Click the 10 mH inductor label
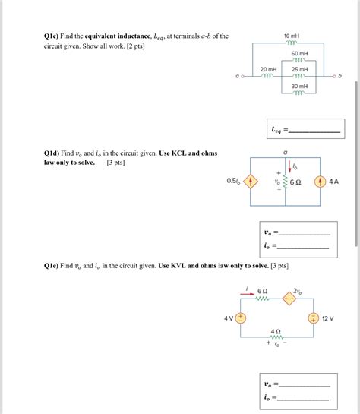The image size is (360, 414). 292,36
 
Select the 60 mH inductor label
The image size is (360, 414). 299,54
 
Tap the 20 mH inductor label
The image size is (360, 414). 267,69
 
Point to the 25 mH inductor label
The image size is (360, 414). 299,69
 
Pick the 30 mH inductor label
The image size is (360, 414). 299,86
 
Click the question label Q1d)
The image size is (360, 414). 54,153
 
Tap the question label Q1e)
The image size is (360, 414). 54,266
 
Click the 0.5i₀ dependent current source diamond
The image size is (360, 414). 253,182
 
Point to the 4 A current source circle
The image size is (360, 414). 320,182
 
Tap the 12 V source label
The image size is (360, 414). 328,318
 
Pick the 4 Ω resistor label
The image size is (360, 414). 276,331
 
